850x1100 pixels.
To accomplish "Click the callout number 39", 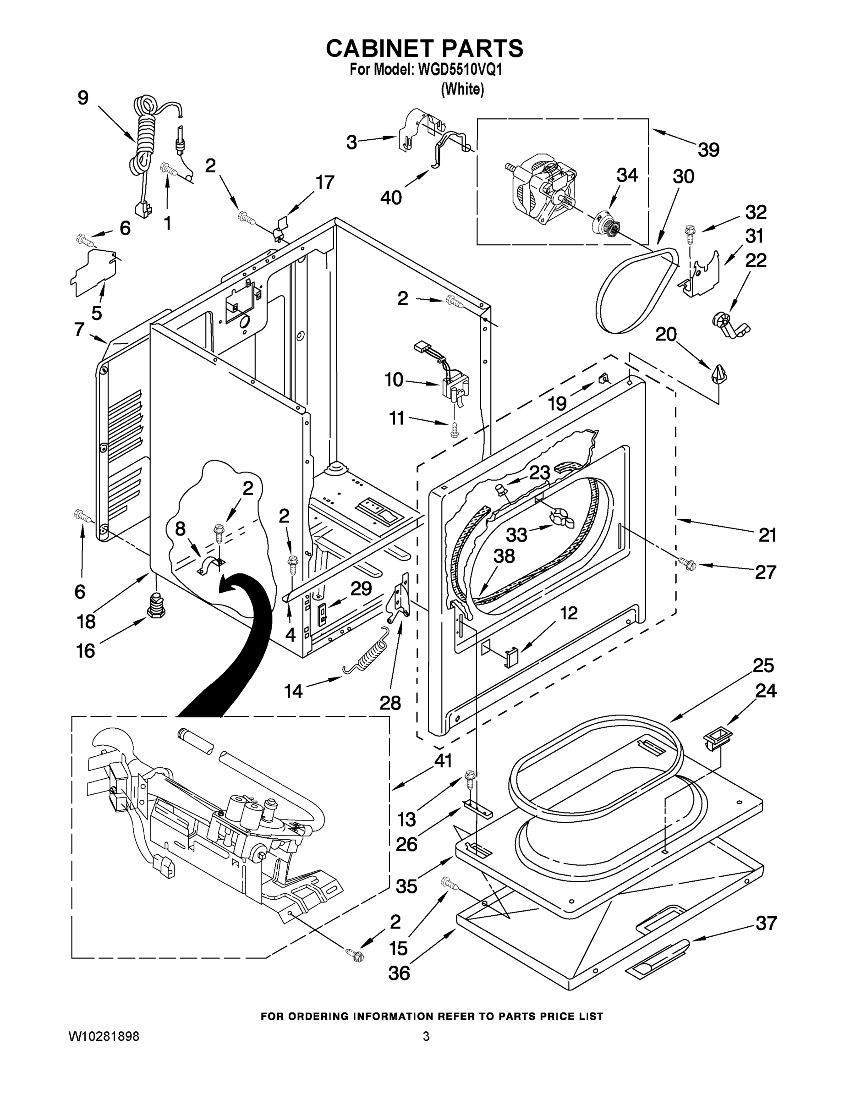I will pyautogui.click(x=708, y=149).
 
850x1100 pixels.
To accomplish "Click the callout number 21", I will pyautogui.click(x=767, y=535).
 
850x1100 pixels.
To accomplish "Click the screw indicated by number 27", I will pyautogui.click(x=686, y=564).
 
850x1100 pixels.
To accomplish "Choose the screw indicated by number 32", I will pyautogui.click(x=689, y=234).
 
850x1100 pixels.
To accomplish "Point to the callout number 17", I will pyautogui.click(x=324, y=182).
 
